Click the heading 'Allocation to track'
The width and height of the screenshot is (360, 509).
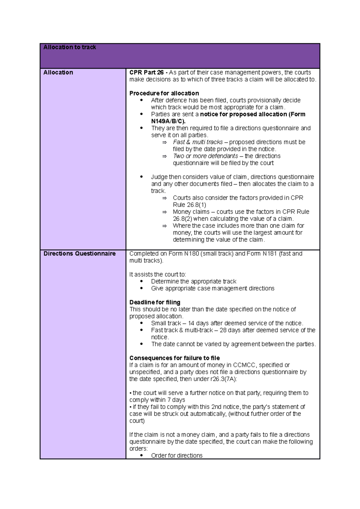coord(70,47)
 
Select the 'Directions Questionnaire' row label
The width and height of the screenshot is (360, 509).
coord(79,254)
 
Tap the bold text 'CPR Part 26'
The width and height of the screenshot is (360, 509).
coord(146,73)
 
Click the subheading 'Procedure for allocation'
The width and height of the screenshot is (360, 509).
coord(164,93)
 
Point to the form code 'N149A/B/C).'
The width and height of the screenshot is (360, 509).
coord(168,121)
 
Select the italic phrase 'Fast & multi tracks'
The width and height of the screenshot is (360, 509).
coord(198,142)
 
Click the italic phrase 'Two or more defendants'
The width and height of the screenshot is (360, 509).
coord(205,156)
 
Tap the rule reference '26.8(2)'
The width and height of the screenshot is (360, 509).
coord(182,219)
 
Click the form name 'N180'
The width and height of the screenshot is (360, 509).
coord(191,254)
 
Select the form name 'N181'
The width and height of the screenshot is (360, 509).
coord(270,254)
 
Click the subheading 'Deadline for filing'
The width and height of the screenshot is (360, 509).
coord(155,302)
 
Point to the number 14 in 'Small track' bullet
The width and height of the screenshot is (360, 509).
coord(191,323)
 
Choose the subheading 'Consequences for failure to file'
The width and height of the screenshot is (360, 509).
coord(175,358)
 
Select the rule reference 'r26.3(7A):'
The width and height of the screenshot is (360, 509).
coord(223,379)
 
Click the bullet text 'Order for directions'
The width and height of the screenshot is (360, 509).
coord(177,456)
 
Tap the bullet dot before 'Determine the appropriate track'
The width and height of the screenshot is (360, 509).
coord(142,281)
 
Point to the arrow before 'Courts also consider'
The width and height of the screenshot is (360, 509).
coord(164,198)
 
